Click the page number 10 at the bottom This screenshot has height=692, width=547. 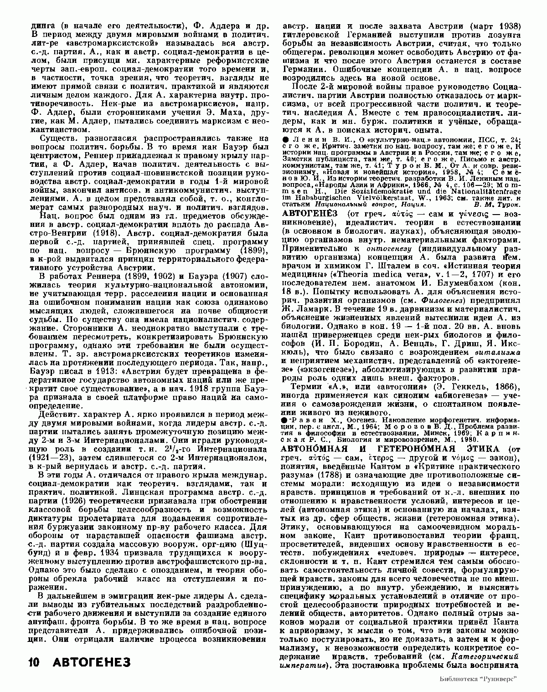click(34, 662)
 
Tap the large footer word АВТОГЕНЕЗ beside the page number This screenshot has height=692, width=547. click(92, 662)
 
